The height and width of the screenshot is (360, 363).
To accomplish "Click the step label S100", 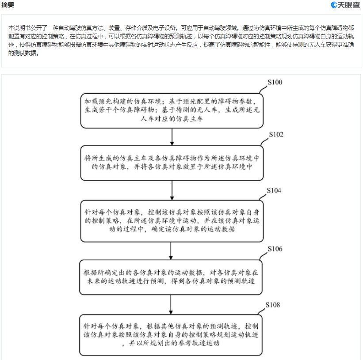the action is (275, 82).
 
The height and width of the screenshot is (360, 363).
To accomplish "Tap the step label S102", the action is (276, 134).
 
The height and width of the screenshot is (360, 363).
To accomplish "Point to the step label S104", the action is (274, 190).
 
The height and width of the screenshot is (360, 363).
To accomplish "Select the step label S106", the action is (275, 249).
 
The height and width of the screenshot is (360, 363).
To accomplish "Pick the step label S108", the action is (273, 305).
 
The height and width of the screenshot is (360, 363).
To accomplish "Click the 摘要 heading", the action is (8, 4).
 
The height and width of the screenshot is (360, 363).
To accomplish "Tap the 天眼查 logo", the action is (345, 4).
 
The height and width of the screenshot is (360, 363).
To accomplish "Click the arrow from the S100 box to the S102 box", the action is (172, 137).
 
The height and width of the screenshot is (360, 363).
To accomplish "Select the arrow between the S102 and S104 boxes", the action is (172, 190).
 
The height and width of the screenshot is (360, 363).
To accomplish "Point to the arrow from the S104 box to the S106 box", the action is (171, 251).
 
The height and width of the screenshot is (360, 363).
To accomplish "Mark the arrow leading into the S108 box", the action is (171, 304).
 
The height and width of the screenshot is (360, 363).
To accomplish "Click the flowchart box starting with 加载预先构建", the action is (172, 111).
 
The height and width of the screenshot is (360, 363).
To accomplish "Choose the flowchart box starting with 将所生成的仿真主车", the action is (172, 163).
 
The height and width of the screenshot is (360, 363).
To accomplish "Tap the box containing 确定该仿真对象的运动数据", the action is (172, 221).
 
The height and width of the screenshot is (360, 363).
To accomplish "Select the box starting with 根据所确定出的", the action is (171, 277).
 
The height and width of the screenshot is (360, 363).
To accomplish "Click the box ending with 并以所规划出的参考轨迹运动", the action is (171, 335).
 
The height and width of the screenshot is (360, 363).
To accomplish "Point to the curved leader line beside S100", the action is (263, 90).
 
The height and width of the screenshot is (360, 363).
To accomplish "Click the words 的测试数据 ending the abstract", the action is (23, 53).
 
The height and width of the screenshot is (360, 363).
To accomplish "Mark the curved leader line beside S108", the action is (261, 311).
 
